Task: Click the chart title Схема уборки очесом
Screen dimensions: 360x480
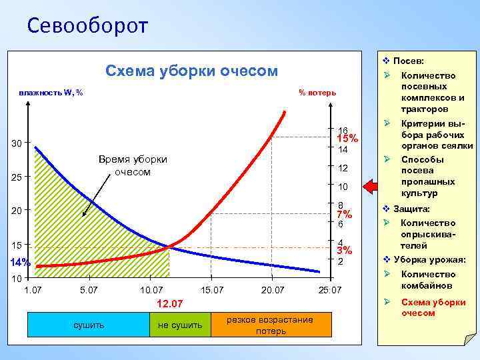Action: [x=192, y=71]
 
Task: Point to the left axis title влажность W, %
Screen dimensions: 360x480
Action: [x=51, y=92]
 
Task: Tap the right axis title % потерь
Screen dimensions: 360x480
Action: [x=317, y=92]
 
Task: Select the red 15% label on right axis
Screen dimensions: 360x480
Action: [x=347, y=139]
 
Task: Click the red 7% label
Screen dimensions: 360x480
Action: [x=344, y=215]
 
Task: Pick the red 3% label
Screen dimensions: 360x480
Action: [x=344, y=251]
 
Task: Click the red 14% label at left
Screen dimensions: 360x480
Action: [x=20, y=261]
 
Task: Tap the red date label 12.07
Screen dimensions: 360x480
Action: [x=169, y=304]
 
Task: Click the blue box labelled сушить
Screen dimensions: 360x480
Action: [x=88, y=325]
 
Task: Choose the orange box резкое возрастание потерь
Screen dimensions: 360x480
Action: [x=270, y=325]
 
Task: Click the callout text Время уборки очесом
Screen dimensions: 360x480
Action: [x=133, y=165]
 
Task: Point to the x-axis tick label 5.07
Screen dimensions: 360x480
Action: [x=88, y=290]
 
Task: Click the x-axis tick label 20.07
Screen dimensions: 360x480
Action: [x=272, y=290]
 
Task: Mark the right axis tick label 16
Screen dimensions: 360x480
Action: [x=343, y=130]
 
